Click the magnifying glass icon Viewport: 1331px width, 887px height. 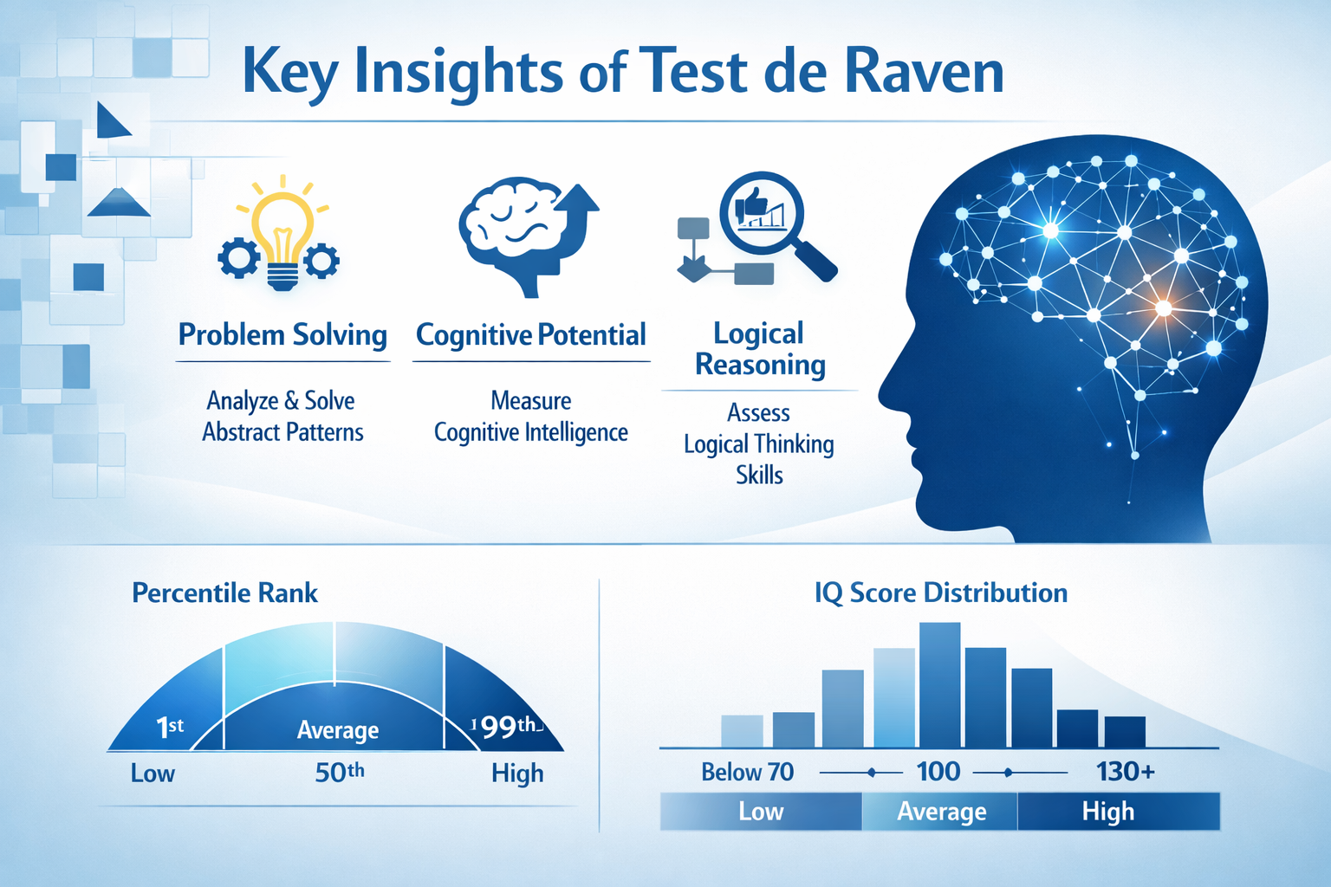[x=775, y=223]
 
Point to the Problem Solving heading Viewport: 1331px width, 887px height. [x=282, y=334]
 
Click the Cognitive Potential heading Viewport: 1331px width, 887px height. [x=531, y=334]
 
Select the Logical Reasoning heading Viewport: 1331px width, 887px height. [x=760, y=348]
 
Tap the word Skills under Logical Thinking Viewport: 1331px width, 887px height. [x=759, y=475]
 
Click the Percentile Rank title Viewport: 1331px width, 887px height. [x=224, y=592]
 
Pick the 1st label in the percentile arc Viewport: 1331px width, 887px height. [x=170, y=727]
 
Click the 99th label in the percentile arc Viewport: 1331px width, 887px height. [x=508, y=727]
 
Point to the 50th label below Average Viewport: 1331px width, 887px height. [x=339, y=772]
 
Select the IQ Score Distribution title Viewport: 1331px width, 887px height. [x=941, y=592]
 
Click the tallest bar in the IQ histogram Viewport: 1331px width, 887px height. [x=939, y=684]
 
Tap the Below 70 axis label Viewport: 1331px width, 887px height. [x=747, y=772]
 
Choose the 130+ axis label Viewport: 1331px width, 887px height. [x=1125, y=771]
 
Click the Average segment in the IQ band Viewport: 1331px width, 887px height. [x=941, y=812]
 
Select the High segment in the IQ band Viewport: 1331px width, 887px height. [x=1107, y=812]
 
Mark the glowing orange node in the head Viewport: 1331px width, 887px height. [x=1163, y=308]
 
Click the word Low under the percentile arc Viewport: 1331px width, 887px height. [x=153, y=773]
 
